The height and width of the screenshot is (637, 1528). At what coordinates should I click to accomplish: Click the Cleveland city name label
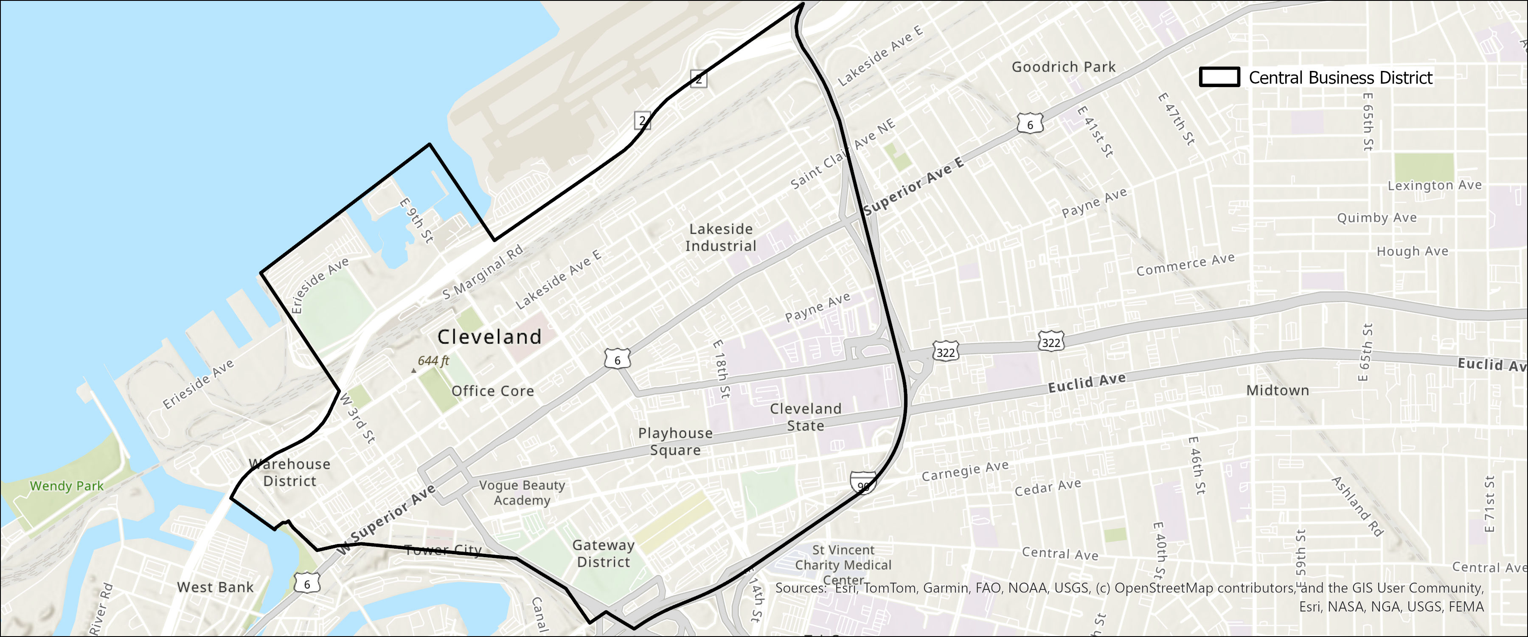[x=489, y=337]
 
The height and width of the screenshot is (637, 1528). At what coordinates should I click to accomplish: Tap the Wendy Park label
[x=67, y=486]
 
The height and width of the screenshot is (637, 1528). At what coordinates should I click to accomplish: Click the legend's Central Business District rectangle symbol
[x=1219, y=77]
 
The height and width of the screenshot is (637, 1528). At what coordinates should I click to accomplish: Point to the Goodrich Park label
[x=1064, y=67]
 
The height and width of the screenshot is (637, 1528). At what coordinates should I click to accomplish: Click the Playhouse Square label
[x=676, y=442]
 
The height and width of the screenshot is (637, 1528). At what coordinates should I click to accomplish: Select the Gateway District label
[x=603, y=553]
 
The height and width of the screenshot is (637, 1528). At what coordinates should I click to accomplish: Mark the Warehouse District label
[x=289, y=473]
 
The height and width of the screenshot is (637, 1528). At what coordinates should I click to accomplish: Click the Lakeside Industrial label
[x=721, y=237]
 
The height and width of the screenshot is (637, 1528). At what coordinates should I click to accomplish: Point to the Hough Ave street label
[x=1412, y=251]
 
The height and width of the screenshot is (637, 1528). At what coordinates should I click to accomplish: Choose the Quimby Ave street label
[x=1377, y=218]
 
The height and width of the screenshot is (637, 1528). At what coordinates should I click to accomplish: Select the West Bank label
[x=215, y=587]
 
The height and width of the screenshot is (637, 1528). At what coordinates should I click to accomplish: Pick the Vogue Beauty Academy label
[x=522, y=493]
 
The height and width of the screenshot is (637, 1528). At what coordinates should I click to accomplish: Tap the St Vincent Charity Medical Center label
[x=843, y=564]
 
